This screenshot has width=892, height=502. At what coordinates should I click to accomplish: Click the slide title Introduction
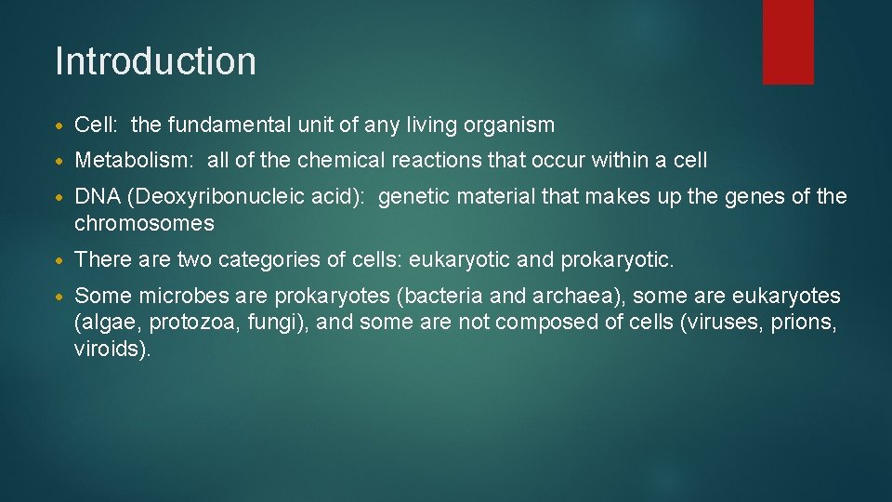point(155,61)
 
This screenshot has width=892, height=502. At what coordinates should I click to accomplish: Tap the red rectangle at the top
point(788,41)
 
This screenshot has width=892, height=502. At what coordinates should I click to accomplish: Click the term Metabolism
point(132,161)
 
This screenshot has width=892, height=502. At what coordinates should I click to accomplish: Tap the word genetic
point(413,196)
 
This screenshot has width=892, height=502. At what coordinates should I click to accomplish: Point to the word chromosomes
point(144,224)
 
